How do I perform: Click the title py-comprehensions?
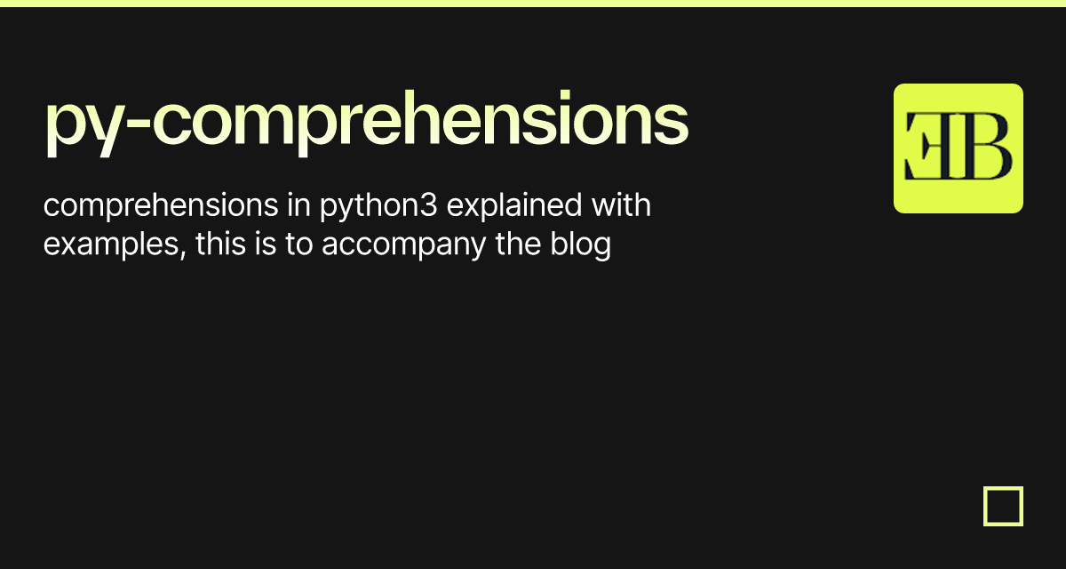point(366,123)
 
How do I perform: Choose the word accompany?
point(404,246)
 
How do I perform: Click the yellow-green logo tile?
point(958,148)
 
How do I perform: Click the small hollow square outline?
point(1003,506)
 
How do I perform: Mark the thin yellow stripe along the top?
point(533,3)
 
